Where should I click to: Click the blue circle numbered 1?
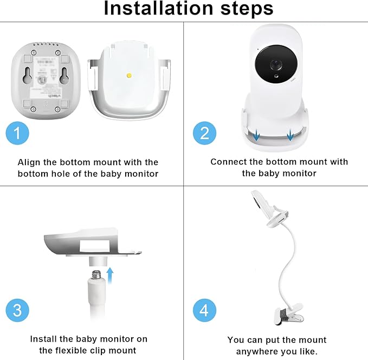pyautogui.click(x=17, y=133)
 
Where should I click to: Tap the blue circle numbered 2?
pyautogui.click(x=204, y=133)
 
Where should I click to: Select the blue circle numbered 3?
pyautogui.click(x=17, y=310)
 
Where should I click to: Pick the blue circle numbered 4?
pyautogui.click(x=204, y=310)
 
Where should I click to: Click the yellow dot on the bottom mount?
pyautogui.click(x=128, y=75)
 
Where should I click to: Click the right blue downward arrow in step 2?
pyautogui.click(x=290, y=135)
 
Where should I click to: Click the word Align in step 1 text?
pyautogui.click(x=29, y=162)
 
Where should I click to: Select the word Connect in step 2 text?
pyautogui.click(x=229, y=161)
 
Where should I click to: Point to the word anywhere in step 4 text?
pyautogui.click(x=257, y=351)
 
